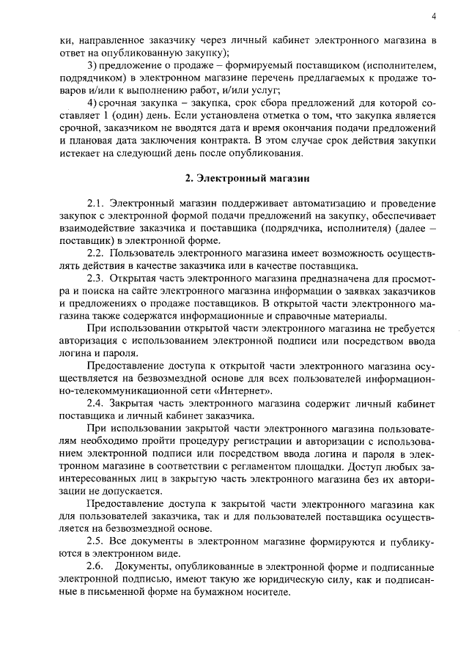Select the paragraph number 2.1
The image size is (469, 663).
point(97,203)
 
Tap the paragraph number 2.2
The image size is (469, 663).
point(97,253)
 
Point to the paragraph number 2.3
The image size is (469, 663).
point(97,278)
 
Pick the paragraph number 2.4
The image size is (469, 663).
point(97,403)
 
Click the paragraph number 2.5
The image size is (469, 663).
point(97,541)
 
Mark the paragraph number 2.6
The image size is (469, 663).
point(97,566)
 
